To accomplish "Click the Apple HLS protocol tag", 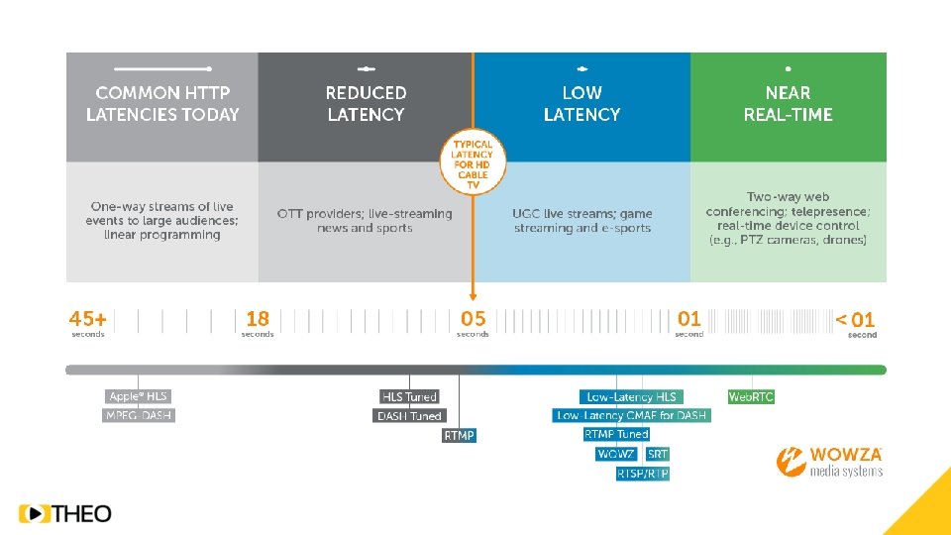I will tap(138, 396).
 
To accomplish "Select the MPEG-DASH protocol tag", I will tap(139, 415).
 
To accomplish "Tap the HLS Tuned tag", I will tap(409, 396).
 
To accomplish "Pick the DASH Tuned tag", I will tap(409, 416).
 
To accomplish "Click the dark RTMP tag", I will tap(459, 435).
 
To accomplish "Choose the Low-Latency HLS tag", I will tap(631, 396).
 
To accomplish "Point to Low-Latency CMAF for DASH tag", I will tap(631, 416).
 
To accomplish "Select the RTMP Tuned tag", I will tap(616, 434).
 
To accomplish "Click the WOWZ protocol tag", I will tap(616, 454).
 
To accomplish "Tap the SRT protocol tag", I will tap(658, 454).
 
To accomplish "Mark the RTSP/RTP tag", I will tap(643, 474).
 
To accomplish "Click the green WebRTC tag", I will tap(751, 396).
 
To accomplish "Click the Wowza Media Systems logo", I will tap(829, 462).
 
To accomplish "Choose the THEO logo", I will tap(65, 513).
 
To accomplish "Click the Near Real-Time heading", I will tap(788, 103).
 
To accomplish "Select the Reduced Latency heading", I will tap(366, 103).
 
